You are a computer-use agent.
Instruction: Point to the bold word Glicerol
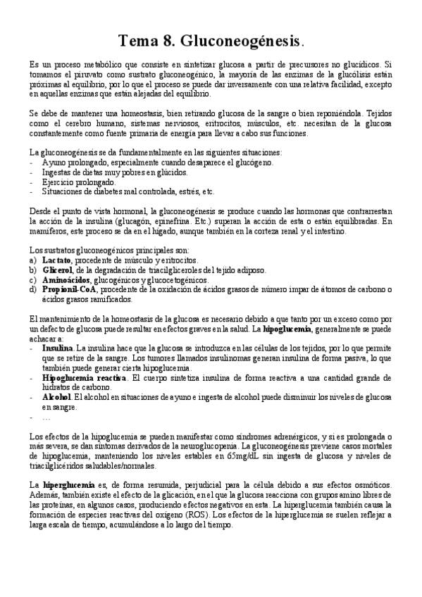click(x=59, y=270)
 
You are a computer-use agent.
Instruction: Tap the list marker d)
click(x=32, y=289)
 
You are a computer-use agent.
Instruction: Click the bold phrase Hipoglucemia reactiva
click(x=84, y=377)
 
